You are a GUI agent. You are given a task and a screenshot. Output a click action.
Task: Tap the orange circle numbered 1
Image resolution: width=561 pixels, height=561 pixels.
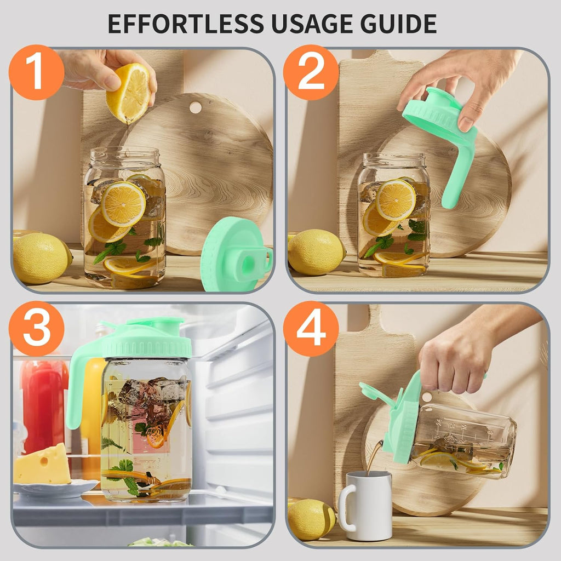(37, 72)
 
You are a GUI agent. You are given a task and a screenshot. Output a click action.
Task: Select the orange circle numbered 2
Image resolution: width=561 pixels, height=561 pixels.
(311, 72)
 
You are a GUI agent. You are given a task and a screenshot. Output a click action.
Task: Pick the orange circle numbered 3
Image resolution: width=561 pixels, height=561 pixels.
(37, 328)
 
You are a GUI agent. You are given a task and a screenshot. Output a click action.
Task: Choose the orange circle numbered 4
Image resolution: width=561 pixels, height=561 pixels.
(311, 328)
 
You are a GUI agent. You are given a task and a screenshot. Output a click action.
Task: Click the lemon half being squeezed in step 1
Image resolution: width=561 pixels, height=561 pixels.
(128, 93)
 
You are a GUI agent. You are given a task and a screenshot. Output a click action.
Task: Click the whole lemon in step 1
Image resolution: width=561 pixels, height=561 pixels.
(42, 259)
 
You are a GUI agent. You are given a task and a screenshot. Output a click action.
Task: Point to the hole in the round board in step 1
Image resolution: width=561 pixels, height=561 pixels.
(195, 107)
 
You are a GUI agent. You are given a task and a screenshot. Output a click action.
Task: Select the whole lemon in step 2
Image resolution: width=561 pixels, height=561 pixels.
(316, 252)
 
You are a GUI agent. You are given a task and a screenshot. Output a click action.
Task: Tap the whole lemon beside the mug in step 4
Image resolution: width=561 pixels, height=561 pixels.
(311, 519)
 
